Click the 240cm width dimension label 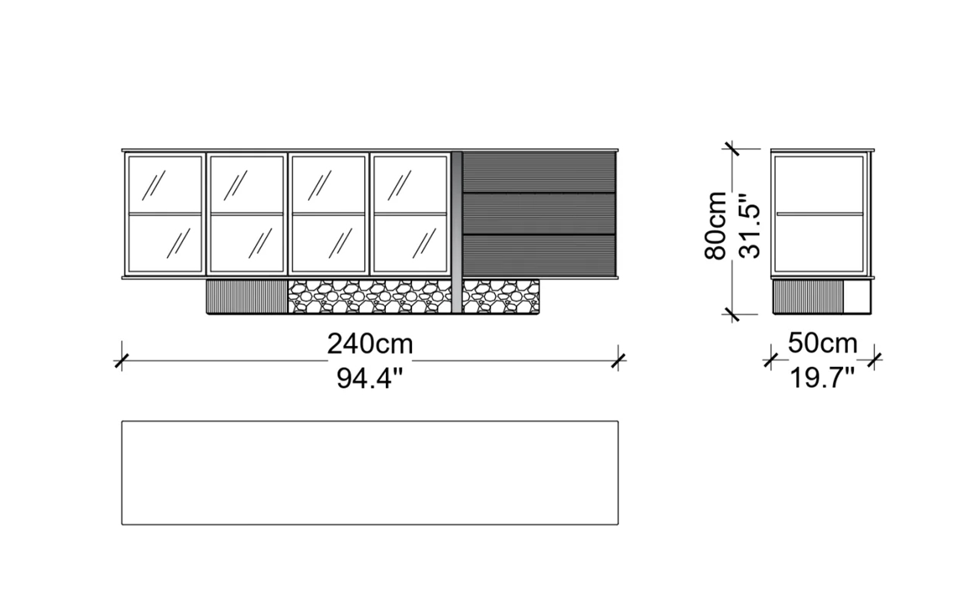point(370,344)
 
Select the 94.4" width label point(370,379)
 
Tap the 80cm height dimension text point(716,225)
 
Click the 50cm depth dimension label point(822,343)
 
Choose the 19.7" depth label point(822,378)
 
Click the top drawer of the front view point(539,172)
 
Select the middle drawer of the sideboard point(539,213)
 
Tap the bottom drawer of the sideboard point(539,254)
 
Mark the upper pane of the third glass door point(328,185)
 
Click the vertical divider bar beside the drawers point(457,231)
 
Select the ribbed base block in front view point(247,297)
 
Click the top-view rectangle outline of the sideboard point(370,472)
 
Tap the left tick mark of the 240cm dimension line point(122,361)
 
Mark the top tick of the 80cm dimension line point(731,149)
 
